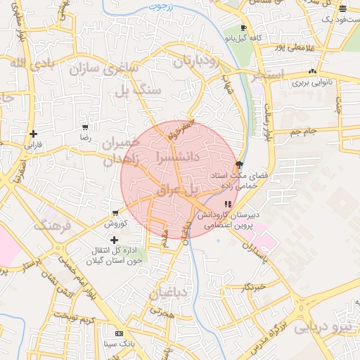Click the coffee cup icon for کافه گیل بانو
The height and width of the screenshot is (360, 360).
[x=243, y=27]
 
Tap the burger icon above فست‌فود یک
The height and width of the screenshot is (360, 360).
[x=342, y=9]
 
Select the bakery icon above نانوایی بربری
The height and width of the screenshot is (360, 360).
[x=312, y=72]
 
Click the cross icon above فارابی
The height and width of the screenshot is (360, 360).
[x=33, y=134]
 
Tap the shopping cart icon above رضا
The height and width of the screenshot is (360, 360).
[x=85, y=128]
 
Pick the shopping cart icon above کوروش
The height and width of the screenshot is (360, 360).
[x=115, y=213]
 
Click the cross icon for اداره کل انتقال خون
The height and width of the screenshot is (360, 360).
[x=115, y=240]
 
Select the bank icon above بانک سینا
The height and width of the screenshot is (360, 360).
[x=119, y=333]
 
